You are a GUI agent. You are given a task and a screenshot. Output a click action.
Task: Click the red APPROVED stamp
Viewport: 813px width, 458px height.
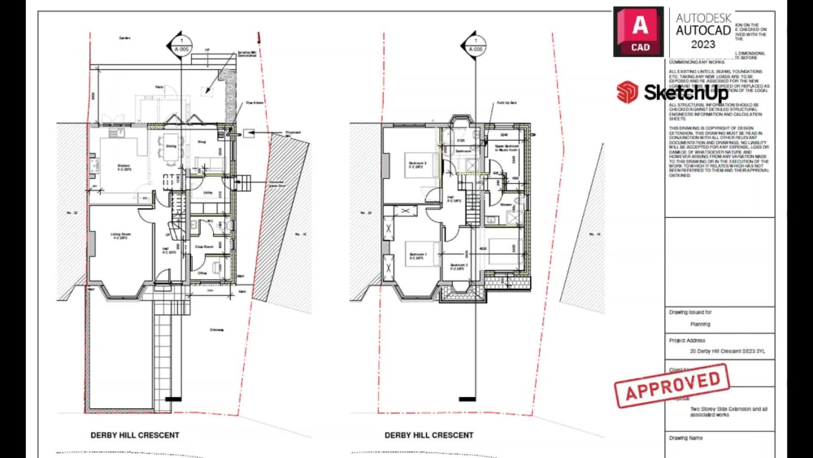click(x=672, y=385)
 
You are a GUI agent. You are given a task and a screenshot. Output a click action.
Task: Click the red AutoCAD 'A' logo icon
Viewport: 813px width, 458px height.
click(x=638, y=32)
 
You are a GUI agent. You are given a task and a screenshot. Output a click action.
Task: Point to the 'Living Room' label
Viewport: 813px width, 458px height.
click(x=121, y=236)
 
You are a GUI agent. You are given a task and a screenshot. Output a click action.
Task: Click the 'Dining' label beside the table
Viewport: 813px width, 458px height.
click(x=171, y=146)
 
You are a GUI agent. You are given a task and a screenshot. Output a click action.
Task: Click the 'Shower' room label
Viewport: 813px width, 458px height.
click(x=505, y=205)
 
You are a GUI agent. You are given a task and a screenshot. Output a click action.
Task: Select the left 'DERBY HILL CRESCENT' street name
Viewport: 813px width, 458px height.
click(x=135, y=435)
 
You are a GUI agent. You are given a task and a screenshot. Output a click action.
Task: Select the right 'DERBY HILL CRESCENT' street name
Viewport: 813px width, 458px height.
click(x=428, y=435)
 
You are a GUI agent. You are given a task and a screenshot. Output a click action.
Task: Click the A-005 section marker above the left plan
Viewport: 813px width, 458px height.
click(x=180, y=46)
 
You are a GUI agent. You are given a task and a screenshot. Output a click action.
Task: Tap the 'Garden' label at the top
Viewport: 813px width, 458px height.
click(x=124, y=38)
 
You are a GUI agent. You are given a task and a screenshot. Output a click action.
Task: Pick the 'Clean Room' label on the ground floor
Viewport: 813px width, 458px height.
click(x=204, y=245)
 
